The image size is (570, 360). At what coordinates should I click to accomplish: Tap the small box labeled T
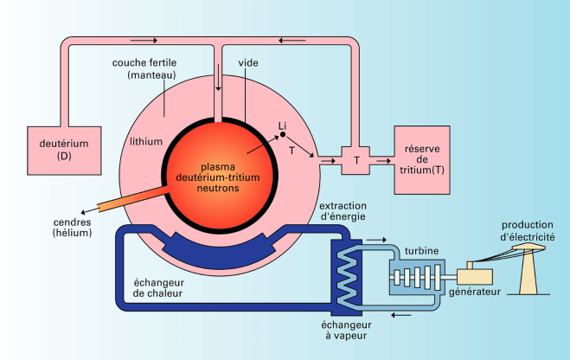[356, 160]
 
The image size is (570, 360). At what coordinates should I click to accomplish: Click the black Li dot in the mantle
[282, 136]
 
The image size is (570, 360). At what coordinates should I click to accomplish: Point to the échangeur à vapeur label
[346, 329]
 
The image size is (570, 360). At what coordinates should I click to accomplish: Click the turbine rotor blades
[419, 277]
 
